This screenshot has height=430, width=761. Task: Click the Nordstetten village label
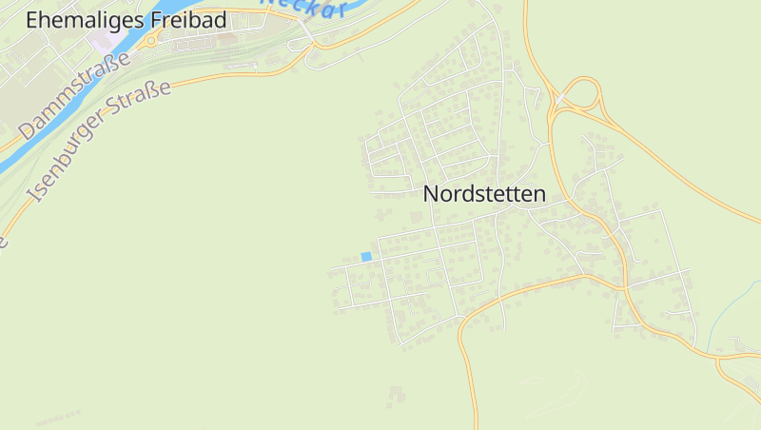pyautogui.click(x=484, y=194)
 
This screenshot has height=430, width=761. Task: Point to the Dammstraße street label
pyautogui.click(x=74, y=95)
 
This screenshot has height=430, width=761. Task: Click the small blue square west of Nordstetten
pyautogui.click(x=366, y=256)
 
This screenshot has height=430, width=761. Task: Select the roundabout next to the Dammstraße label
pyautogui.click(x=150, y=42)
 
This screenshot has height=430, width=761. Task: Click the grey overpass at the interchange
pyautogui.click(x=563, y=99)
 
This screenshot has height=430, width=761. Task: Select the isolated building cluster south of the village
pyautogui.click(x=397, y=395)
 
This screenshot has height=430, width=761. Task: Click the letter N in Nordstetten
pyautogui.click(x=430, y=194)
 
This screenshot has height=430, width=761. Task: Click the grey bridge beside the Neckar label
pyautogui.click(x=307, y=31)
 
